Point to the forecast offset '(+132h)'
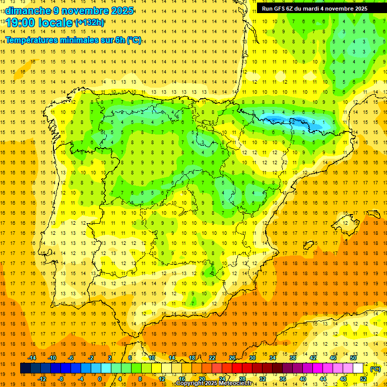89,23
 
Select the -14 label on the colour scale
32,358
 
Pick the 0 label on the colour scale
99,379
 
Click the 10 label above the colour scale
152,358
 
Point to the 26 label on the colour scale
232,358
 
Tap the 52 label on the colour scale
363,379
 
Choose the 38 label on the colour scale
293,358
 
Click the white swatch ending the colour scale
358,368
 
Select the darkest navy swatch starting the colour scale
25,368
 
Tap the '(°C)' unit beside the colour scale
375,369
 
